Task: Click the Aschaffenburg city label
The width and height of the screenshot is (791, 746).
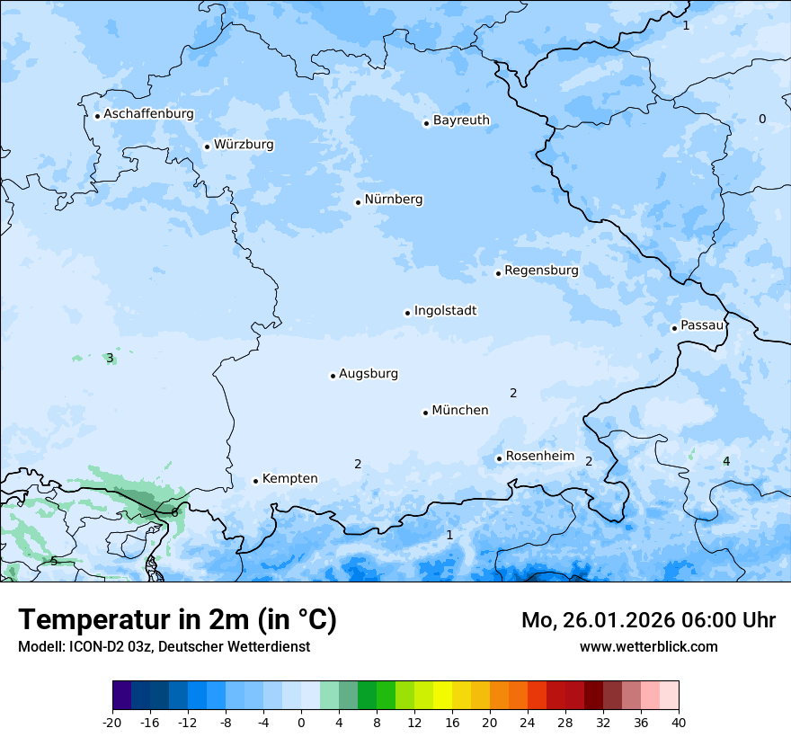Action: tap(148, 114)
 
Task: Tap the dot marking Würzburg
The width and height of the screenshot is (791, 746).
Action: tap(207, 147)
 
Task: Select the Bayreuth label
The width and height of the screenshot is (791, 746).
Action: tap(461, 120)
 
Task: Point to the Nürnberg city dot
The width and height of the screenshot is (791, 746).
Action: tap(358, 202)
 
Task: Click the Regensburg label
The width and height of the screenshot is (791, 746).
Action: tap(541, 271)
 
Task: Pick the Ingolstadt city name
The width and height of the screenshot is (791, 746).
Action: tap(445, 311)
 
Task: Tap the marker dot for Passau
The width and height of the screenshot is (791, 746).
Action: tap(674, 328)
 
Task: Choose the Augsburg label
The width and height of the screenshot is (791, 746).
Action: tap(369, 374)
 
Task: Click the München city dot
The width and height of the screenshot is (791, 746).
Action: tap(425, 413)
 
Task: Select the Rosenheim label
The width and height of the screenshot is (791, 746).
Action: tap(539, 457)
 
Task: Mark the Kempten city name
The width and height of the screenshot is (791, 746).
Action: tap(289, 479)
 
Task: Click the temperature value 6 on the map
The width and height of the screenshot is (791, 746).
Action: tap(174, 512)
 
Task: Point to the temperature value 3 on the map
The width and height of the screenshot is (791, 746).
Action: tap(110, 358)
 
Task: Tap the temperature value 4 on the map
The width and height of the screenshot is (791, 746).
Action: tap(726, 462)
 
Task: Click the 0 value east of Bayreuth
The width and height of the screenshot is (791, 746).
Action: tap(762, 120)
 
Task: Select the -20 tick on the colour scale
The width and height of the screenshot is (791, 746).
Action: tap(112, 722)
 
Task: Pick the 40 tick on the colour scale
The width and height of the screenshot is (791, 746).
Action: tap(679, 722)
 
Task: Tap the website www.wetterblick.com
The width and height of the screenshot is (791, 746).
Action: tap(648, 647)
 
